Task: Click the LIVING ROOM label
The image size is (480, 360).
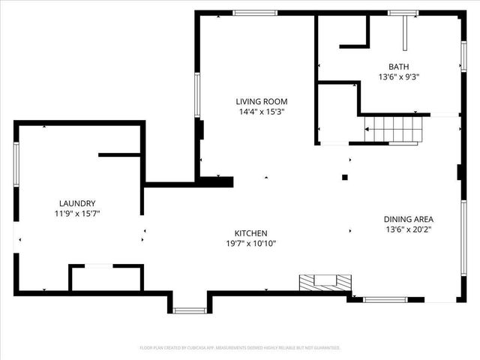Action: (x=261, y=101)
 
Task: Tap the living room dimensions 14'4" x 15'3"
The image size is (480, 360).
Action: (x=261, y=112)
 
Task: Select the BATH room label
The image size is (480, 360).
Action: (x=398, y=66)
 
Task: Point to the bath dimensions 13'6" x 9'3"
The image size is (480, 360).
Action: (x=398, y=76)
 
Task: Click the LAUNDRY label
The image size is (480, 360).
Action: (x=77, y=203)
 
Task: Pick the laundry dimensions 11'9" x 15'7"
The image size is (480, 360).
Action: (x=77, y=214)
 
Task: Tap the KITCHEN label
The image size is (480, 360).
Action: (x=251, y=233)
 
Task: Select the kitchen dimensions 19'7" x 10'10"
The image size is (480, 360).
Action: (x=251, y=244)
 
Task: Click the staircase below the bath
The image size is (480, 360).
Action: (x=391, y=129)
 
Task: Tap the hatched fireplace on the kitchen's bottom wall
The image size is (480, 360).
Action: (x=325, y=282)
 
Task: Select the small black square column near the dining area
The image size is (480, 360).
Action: (x=345, y=178)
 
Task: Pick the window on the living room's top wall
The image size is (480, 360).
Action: (x=255, y=13)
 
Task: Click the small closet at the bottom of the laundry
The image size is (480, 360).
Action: (x=106, y=277)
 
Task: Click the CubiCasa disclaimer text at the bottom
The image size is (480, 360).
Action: (x=240, y=348)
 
